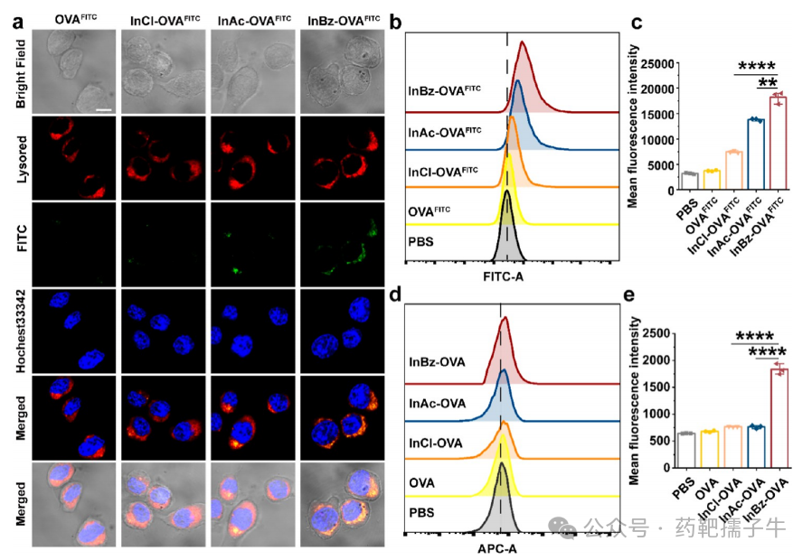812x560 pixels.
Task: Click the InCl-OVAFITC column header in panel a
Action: (x=164, y=18)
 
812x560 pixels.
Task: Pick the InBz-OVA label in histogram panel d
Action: (x=436, y=361)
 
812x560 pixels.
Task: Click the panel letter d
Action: (x=395, y=294)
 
